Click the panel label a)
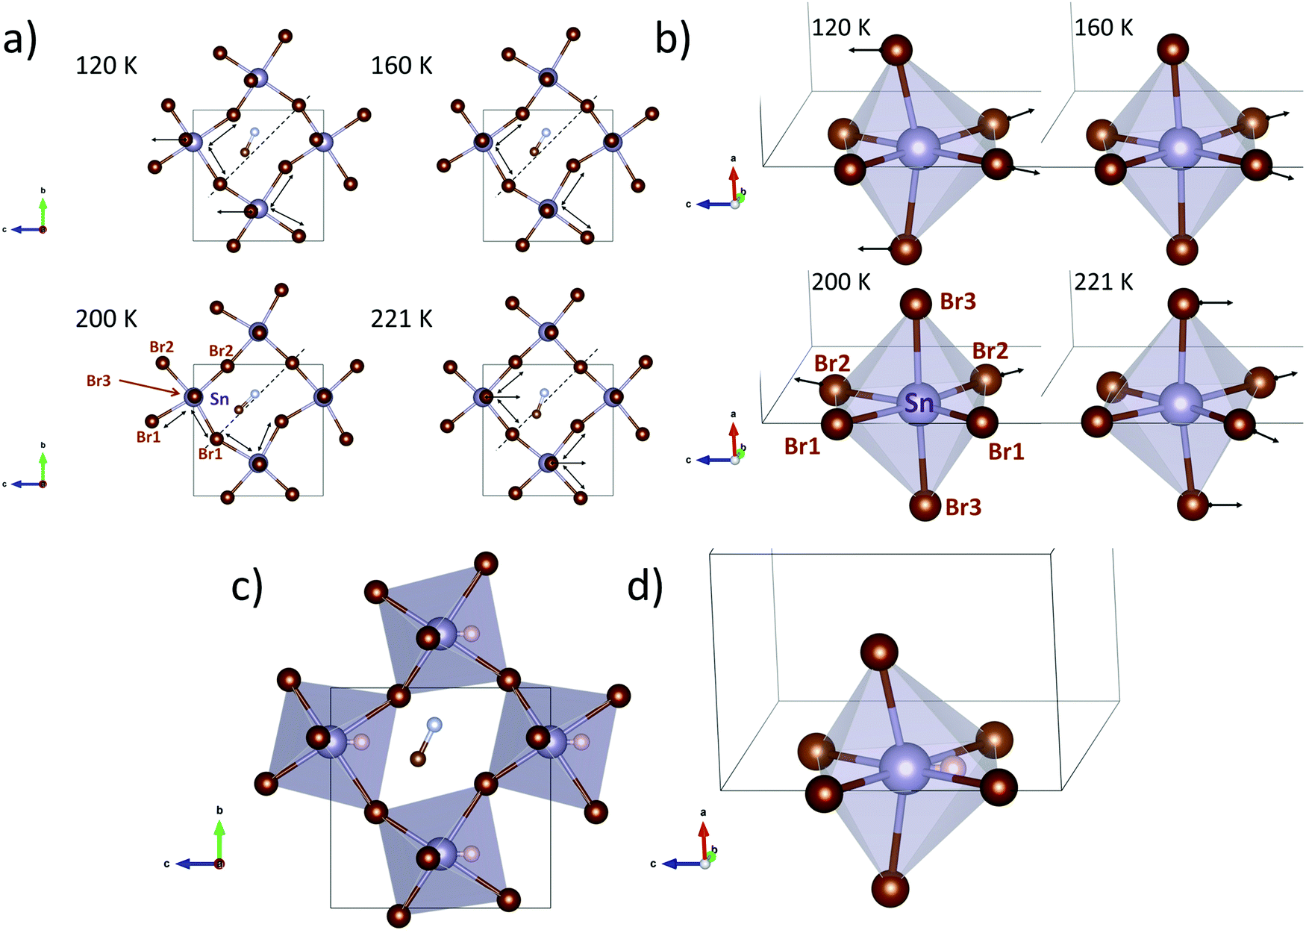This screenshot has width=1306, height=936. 20,39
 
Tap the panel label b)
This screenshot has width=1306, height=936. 672,39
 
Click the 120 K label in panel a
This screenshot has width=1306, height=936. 106,66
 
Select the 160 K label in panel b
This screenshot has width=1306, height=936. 1103,28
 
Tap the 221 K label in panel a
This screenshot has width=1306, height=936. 402,319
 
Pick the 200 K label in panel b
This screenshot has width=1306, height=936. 841,282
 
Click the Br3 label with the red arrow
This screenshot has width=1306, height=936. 99,381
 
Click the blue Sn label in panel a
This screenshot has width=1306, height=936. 219,399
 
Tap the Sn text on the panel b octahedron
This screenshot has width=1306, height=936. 919,404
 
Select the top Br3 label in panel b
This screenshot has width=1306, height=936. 957,302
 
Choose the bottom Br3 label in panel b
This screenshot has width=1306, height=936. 963,508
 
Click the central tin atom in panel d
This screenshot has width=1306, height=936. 905,769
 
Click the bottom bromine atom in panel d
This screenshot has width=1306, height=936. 890,888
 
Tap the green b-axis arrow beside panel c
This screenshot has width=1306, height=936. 219,840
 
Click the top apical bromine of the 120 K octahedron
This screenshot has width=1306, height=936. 896,51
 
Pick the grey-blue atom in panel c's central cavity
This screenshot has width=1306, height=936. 434,724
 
